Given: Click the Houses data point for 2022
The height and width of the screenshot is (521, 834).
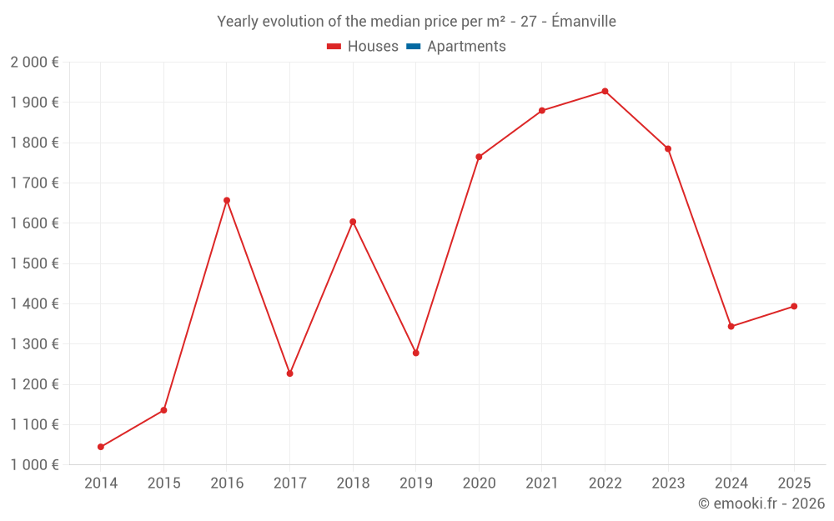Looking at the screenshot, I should [x=605, y=91].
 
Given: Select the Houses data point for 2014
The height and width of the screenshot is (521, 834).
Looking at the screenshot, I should [x=101, y=447].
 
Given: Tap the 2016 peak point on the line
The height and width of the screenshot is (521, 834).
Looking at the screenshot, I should [x=227, y=200].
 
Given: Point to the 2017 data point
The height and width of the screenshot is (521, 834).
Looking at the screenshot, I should [x=289, y=373].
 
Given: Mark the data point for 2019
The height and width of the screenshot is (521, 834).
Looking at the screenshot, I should [x=415, y=353].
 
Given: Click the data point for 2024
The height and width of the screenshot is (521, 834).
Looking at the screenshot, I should [x=731, y=326].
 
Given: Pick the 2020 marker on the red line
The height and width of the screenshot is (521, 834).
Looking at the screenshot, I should [x=479, y=157].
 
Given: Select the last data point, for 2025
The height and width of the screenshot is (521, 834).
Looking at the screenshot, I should [x=794, y=306].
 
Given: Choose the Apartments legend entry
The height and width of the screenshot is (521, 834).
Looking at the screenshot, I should [x=466, y=47].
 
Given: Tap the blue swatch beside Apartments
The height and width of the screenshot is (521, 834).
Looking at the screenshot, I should [x=413, y=47].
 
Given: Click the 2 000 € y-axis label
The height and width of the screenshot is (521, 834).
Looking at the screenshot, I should [x=34, y=63].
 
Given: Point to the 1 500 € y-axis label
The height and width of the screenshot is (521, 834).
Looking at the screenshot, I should [x=34, y=263].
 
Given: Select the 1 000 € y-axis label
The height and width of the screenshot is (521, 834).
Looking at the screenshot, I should [x=34, y=465].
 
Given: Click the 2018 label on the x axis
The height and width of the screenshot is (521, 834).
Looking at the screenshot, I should [x=353, y=483].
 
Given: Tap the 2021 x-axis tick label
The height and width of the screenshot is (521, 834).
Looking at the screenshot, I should [x=542, y=483].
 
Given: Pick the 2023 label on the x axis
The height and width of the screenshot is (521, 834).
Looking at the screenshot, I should [x=668, y=483].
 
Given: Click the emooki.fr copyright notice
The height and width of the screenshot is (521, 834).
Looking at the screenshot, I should [x=761, y=503].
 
